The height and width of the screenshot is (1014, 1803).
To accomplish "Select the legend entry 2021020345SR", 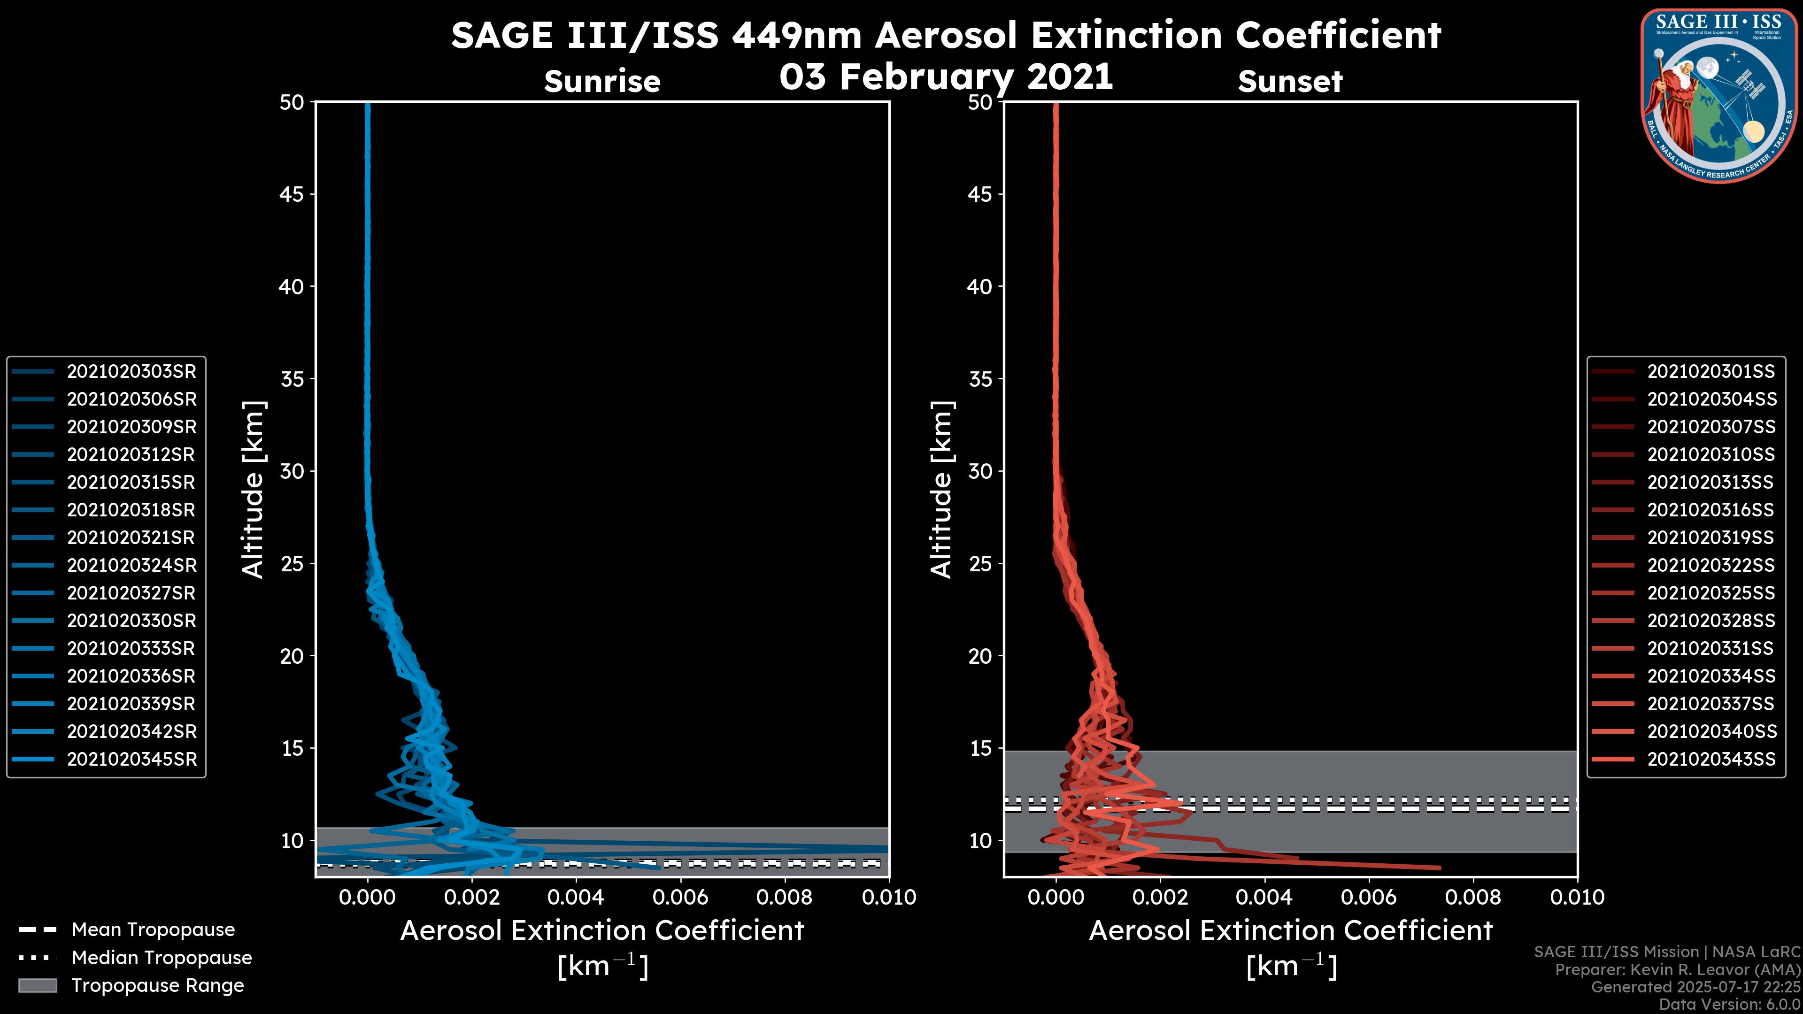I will (131, 759).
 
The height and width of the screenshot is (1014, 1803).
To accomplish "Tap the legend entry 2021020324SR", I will (131, 565).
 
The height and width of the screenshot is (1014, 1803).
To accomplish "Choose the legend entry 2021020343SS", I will (1711, 759).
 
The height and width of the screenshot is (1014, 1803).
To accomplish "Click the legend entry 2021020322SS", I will (1711, 565).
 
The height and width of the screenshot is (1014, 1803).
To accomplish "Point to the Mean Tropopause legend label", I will (153, 929).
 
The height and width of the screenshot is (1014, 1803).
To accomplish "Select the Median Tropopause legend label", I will (162, 957).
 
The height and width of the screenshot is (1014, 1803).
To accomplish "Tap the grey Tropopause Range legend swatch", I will (38, 985).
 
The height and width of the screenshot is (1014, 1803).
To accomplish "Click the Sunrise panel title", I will (602, 82).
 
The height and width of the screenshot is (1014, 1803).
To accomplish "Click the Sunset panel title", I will (1290, 82).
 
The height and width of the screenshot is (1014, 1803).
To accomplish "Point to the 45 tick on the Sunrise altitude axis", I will (292, 194).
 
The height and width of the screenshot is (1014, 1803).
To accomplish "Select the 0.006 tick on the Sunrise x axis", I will (679, 897).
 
